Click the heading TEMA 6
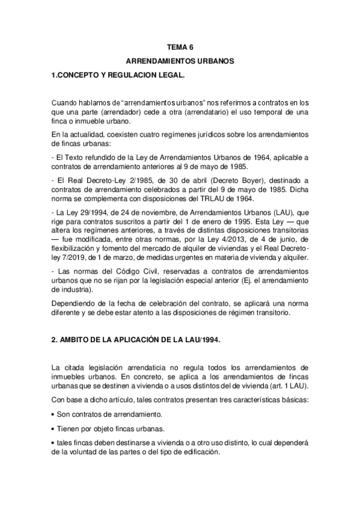click(x=180, y=46)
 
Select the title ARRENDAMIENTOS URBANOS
click(x=180, y=61)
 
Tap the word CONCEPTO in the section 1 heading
click(x=81, y=76)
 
